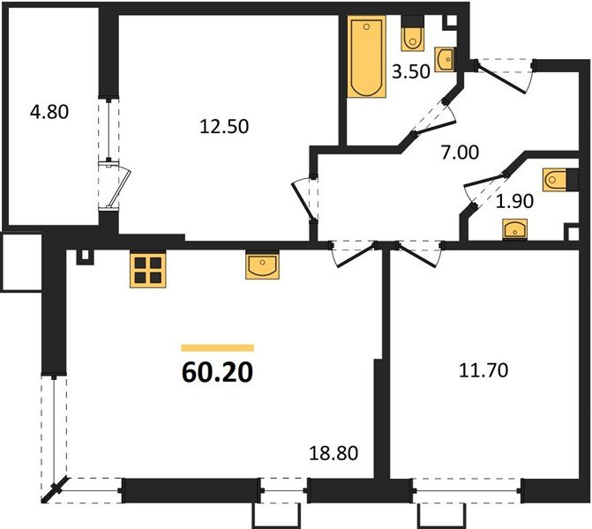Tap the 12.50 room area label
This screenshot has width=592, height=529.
tap(223, 126)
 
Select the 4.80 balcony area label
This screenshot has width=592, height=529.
tap(49, 112)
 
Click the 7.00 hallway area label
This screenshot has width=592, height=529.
tap(460, 152)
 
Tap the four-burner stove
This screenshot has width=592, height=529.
tap(148, 270)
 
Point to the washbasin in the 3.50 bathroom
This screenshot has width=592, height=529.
tap(447, 58)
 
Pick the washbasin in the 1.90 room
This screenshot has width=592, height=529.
tap(513, 229)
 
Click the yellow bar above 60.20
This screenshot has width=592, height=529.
tap(217, 348)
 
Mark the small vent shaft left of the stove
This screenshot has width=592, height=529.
tap(84, 256)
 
